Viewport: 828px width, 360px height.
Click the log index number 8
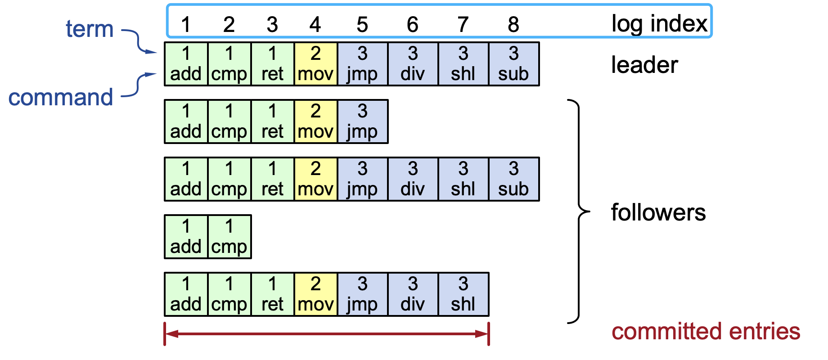click(x=513, y=24)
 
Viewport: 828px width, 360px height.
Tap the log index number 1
click(x=186, y=24)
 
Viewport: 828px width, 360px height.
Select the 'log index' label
click(x=659, y=23)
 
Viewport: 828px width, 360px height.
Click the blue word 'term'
click(x=90, y=29)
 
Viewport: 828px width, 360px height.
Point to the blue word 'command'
click(x=61, y=97)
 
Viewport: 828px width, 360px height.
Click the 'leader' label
click(x=644, y=65)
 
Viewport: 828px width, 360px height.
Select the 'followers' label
click(x=658, y=212)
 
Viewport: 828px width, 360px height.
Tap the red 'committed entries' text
click(x=706, y=332)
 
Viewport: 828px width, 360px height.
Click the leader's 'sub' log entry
click(x=513, y=64)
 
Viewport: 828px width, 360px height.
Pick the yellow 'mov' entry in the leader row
click(x=315, y=64)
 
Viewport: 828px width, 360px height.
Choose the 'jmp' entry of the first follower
click(x=362, y=121)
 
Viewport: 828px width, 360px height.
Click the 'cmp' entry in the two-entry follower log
click(x=229, y=237)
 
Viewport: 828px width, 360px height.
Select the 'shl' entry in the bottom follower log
click(x=463, y=294)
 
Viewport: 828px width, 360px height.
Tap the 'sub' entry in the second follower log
click(x=513, y=179)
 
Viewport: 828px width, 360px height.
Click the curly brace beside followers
click(x=578, y=211)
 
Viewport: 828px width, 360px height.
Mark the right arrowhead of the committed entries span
click(x=482, y=334)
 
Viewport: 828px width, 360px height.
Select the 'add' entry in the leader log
click(x=186, y=64)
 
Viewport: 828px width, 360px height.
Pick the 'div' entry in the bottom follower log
click(x=413, y=294)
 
